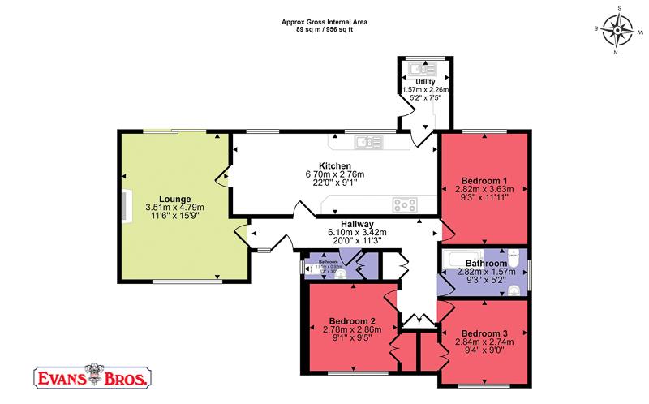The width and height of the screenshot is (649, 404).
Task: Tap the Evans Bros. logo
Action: coord(90,377)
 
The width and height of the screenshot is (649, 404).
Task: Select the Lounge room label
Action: coord(174,199)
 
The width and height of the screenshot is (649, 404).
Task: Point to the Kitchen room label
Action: coord(335,165)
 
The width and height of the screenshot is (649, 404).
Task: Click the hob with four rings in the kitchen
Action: coord(403,204)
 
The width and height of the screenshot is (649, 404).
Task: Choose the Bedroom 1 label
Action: coord(484,180)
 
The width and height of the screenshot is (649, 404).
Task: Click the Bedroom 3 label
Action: coord(484,333)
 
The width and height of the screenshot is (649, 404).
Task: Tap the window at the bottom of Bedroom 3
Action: coord(484,382)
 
